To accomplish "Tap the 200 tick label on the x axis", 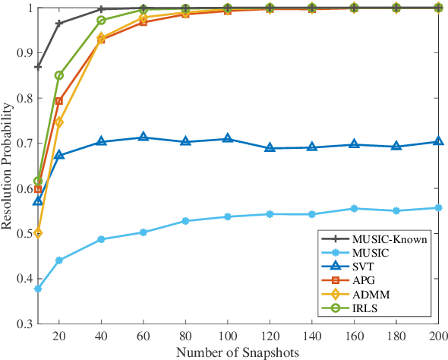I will click(437, 335).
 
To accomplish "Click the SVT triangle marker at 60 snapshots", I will click(144, 137).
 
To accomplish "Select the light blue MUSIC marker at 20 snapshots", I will click(59, 261).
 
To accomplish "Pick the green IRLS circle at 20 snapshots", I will click(59, 75).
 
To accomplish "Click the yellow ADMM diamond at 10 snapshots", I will click(38, 233).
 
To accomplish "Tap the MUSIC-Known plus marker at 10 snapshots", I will click(38, 67).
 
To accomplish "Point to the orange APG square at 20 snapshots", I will click(59, 100).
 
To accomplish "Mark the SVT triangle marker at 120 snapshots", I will click(270, 148).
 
